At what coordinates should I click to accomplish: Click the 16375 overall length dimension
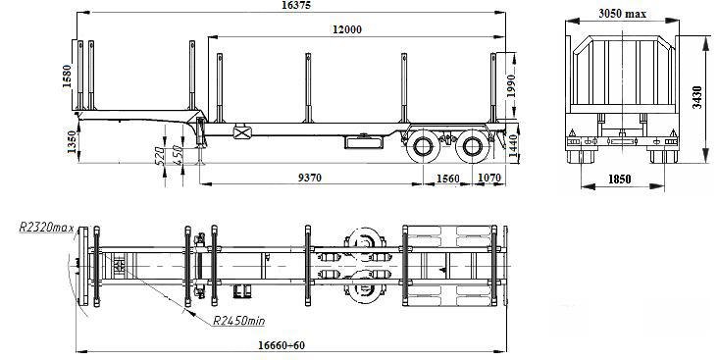point(297,6)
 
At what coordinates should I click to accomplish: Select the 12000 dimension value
point(347,29)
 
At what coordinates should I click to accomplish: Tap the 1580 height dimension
point(67,77)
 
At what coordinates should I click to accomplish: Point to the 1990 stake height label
point(511,85)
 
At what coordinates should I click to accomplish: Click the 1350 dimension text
point(72,142)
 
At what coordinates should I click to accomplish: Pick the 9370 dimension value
point(310,178)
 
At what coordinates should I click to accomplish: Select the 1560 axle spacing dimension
point(447,179)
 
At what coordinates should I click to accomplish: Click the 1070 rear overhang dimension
point(489,178)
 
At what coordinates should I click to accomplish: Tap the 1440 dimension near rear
point(513,148)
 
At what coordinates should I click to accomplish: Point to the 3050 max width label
point(622,14)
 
